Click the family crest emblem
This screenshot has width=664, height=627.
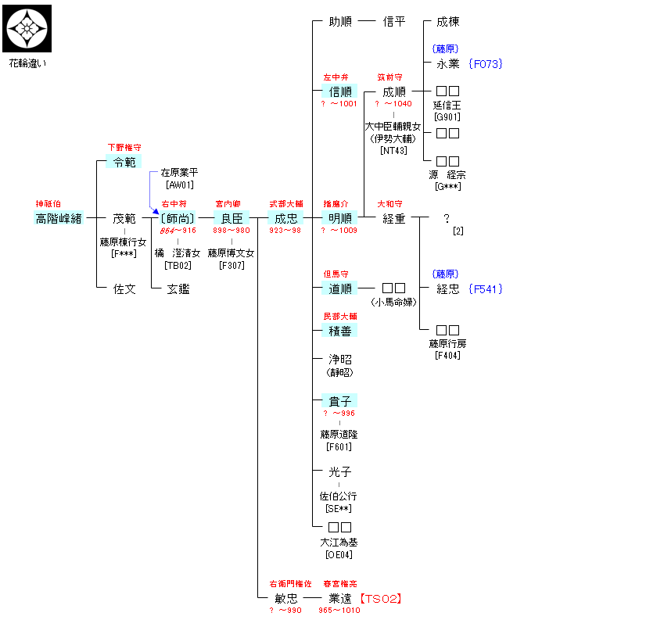(27, 28)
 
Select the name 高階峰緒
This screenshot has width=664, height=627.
(59, 218)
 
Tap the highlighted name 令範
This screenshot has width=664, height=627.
(124, 162)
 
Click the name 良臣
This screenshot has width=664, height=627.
(232, 218)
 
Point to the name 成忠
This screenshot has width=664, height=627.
(285, 218)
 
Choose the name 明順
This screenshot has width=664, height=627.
(340, 218)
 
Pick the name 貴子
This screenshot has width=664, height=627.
(340, 401)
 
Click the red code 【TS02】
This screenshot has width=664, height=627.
(381, 598)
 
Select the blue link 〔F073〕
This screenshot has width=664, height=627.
(485, 64)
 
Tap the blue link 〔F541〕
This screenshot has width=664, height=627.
(485, 288)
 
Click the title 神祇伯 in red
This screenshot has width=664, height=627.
(48, 203)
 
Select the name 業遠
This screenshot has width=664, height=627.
(340, 598)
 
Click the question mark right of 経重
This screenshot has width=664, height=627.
(447, 219)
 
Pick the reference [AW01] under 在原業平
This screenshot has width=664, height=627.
(179, 185)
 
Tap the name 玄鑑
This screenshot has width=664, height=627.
(178, 288)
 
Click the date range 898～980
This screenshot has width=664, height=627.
(232, 231)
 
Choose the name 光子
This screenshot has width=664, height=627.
(340, 472)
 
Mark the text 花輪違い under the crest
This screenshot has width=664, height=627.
(27, 63)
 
